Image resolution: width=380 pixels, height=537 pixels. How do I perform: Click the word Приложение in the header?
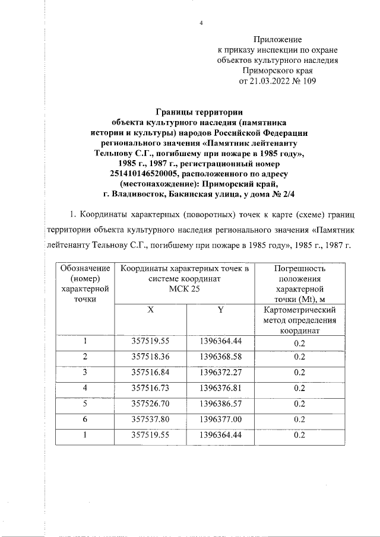tap(278, 39)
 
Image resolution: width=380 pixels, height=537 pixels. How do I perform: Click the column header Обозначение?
tap(85, 268)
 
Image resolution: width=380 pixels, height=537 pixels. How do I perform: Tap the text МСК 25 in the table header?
tap(185, 289)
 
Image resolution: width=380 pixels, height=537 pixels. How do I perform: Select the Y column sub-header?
tap(220, 310)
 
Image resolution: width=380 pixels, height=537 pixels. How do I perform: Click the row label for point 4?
tap(85, 387)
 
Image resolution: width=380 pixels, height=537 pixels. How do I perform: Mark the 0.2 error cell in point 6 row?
tap(299, 419)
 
